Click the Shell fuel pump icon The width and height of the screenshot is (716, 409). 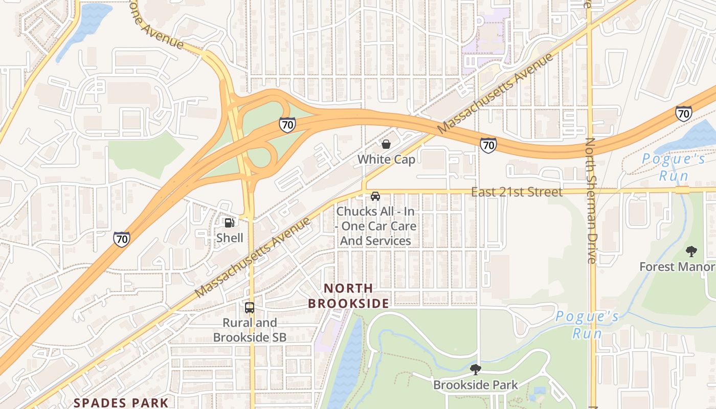coord(230,222)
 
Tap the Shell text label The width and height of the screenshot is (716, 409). coord(230,238)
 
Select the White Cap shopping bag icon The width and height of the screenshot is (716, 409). coord(386,144)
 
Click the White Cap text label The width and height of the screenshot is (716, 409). coord(386,160)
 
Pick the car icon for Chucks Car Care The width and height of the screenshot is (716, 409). coord(375,196)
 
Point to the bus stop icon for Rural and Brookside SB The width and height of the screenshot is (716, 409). coord(249,308)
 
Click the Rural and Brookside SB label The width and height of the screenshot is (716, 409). coord(249,330)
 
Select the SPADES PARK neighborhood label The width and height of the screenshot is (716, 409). coord(121,402)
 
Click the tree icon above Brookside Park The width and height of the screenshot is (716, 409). coord(475,369)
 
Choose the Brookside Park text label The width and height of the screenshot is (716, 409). coord(475,385)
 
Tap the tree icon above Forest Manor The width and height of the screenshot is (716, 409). coord(691,252)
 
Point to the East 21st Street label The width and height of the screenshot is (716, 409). coord(517,192)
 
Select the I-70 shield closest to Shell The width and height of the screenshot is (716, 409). coord(122,239)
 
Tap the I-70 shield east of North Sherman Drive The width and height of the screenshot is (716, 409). coord(684,113)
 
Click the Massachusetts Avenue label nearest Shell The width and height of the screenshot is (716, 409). coord(253,257)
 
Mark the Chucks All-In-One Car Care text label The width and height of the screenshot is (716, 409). coord(375,226)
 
